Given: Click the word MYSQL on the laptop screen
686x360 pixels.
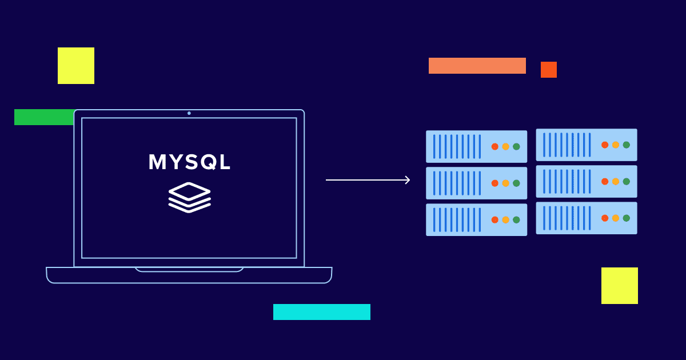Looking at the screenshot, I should [189, 162].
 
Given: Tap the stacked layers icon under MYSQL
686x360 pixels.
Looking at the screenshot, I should [189, 197].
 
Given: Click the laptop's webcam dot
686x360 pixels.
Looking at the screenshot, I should [189, 113].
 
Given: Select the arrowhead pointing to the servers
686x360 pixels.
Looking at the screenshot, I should [407, 180].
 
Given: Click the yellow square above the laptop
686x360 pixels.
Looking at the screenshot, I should [76, 66].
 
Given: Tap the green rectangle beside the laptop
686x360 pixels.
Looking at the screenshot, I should [43, 117].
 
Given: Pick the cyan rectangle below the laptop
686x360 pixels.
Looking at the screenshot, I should [322, 312].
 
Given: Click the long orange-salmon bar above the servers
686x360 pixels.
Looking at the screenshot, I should [477, 66].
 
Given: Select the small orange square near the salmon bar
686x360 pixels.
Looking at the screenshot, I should [549, 70].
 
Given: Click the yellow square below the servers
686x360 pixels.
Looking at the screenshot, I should [620, 286].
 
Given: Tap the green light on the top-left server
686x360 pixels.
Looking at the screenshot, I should [516, 147].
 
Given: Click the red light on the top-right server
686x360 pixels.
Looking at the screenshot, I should [605, 145].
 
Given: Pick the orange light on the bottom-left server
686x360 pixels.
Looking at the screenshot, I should [505, 220].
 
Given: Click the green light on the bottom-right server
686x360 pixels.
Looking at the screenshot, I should [626, 218].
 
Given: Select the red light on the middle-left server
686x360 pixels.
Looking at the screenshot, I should [494, 183].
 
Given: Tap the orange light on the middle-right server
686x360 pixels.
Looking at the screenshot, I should [616, 182].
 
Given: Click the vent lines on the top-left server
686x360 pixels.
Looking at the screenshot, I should [456, 147].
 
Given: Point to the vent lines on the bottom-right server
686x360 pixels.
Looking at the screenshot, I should [566, 218].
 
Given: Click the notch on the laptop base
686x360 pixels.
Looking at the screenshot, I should [189, 269].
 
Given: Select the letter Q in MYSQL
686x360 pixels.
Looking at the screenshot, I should [206, 162].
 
